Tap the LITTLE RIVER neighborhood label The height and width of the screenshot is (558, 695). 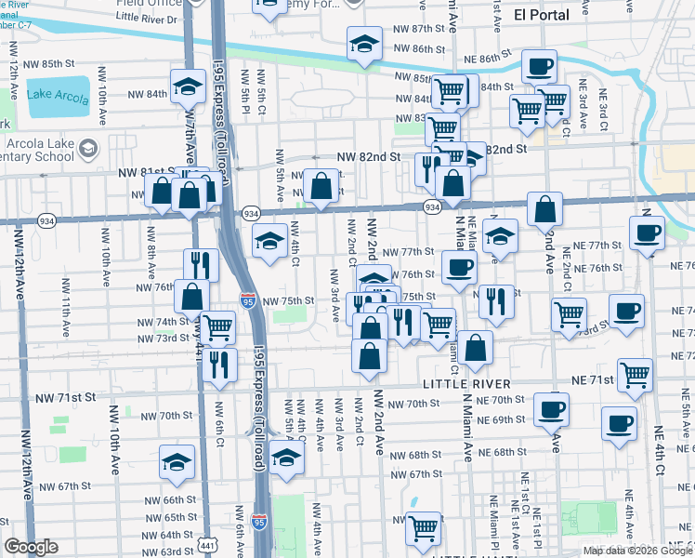coord(466,384)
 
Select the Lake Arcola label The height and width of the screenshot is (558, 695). coord(53,94)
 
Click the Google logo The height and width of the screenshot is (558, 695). coord(31,547)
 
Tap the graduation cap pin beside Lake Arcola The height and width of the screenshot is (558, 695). coord(189,87)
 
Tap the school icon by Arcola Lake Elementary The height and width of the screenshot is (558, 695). coord(88,148)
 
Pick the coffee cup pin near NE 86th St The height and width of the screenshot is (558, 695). coord(539,67)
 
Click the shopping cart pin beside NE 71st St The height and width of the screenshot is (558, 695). coord(636,375)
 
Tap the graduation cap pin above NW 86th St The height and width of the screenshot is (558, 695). coord(365,43)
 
